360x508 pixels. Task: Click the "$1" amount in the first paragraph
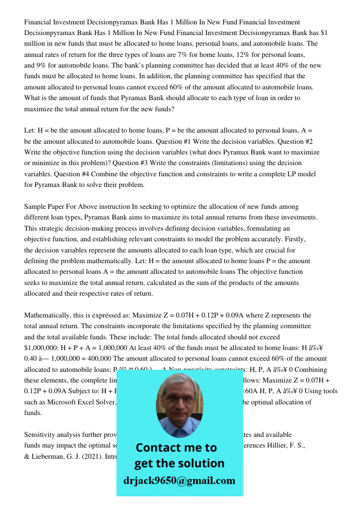coord(323,33)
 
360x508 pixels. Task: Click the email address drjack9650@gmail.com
coord(179,481)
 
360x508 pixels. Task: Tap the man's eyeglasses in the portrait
coord(179,399)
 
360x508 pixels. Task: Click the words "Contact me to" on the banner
coord(176,448)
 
